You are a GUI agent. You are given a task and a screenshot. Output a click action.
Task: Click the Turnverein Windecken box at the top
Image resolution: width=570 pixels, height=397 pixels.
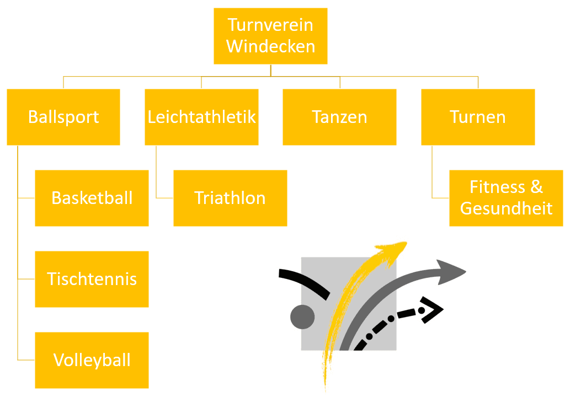click(270, 36)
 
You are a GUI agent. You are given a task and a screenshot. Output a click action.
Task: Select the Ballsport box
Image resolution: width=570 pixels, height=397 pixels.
click(63, 117)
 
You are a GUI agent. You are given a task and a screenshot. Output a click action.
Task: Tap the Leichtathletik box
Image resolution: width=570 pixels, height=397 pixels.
click(202, 117)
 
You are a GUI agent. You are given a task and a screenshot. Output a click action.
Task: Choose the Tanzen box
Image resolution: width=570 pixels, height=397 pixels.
click(339, 117)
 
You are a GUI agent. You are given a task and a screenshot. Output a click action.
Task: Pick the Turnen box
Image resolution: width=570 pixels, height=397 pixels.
click(478, 117)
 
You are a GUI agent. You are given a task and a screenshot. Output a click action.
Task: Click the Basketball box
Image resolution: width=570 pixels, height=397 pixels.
click(92, 198)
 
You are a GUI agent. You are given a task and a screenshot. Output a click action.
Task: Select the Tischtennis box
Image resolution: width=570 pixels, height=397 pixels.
click(92, 279)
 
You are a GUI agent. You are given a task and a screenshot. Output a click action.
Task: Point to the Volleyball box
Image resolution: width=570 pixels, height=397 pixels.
click(92, 360)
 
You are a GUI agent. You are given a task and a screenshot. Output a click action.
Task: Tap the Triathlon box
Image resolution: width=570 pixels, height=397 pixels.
click(230, 198)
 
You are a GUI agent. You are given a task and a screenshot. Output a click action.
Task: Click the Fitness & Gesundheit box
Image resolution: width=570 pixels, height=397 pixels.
click(506, 198)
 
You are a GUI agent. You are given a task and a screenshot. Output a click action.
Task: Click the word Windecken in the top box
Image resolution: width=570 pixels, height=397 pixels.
click(270, 46)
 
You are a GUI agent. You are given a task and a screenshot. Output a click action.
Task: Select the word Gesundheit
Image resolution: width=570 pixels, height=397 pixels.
click(506, 208)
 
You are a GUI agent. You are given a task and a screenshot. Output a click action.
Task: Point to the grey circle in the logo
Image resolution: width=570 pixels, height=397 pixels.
click(302, 317)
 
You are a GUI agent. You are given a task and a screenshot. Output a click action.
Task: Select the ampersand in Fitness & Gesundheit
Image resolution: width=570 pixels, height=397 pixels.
click(536, 187)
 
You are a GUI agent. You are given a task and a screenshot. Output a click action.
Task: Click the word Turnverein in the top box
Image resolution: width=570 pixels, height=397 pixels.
click(270, 25)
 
